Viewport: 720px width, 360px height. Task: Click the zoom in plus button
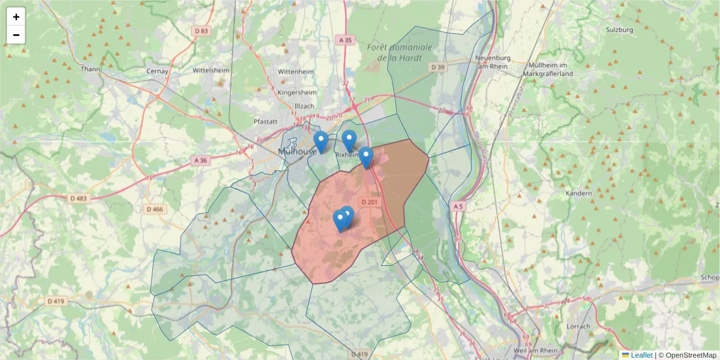[x=16, y=17]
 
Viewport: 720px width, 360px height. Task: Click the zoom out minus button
[x=16, y=35]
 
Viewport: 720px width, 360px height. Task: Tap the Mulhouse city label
[x=298, y=151]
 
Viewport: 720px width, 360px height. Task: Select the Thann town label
[x=91, y=69]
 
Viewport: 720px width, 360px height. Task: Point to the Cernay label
[x=158, y=71]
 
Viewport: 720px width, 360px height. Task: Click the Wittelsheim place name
[x=211, y=70]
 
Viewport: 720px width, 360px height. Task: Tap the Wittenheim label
[x=296, y=71]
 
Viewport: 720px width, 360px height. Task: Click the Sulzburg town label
[x=619, y=29]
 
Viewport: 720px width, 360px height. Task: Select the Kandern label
[x=579, y=193]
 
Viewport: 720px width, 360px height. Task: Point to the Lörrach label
[x=578, y=326]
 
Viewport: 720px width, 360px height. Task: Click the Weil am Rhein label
[x=536, y=350]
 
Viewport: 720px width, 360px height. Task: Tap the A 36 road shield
[x=200, y=160]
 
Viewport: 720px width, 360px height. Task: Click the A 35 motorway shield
[x=345, y=40]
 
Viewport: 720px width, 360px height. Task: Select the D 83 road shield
[x=202, y=31]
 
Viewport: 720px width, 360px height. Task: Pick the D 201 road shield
[x=369, y=202]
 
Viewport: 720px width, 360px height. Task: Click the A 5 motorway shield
[x=458, y=206]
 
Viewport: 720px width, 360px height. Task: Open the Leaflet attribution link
[x=641, y=355]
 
